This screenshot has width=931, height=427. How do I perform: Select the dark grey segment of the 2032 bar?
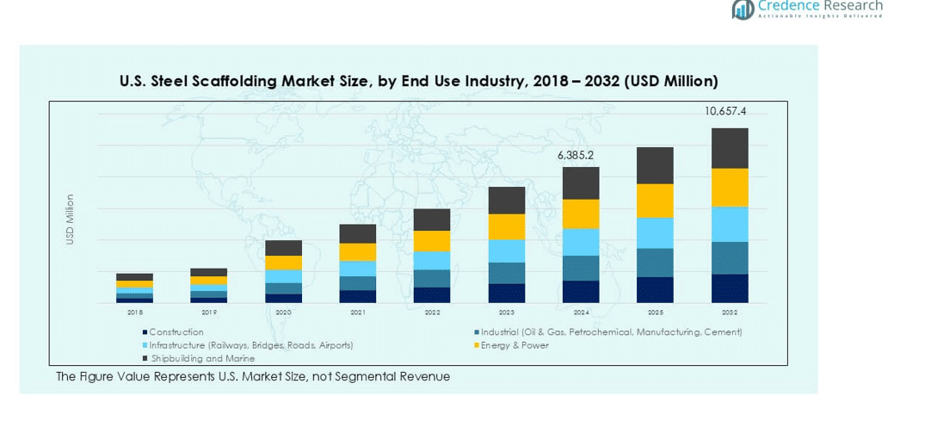[729, 148]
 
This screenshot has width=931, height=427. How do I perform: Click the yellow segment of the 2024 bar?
[581, 213]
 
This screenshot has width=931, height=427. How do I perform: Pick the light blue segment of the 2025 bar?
[655, 232]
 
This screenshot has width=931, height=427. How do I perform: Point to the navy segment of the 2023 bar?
[507, 293]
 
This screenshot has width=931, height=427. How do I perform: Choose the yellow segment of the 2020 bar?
[283, 263]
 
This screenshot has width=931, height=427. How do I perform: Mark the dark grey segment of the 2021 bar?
[357, 233]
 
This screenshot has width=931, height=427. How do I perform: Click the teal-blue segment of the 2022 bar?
[432, 278]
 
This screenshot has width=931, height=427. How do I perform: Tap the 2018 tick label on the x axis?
[134, 313]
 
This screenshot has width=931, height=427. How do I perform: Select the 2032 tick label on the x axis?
[729, 313]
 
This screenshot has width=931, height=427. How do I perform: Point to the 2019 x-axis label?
[208, 313]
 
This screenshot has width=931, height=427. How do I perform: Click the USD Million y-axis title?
[71, 219]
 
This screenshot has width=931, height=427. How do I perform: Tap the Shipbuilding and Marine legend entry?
[190, 358]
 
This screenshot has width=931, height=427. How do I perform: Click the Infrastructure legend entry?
[250, 345]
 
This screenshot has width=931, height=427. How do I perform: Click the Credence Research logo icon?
[743, 9]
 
